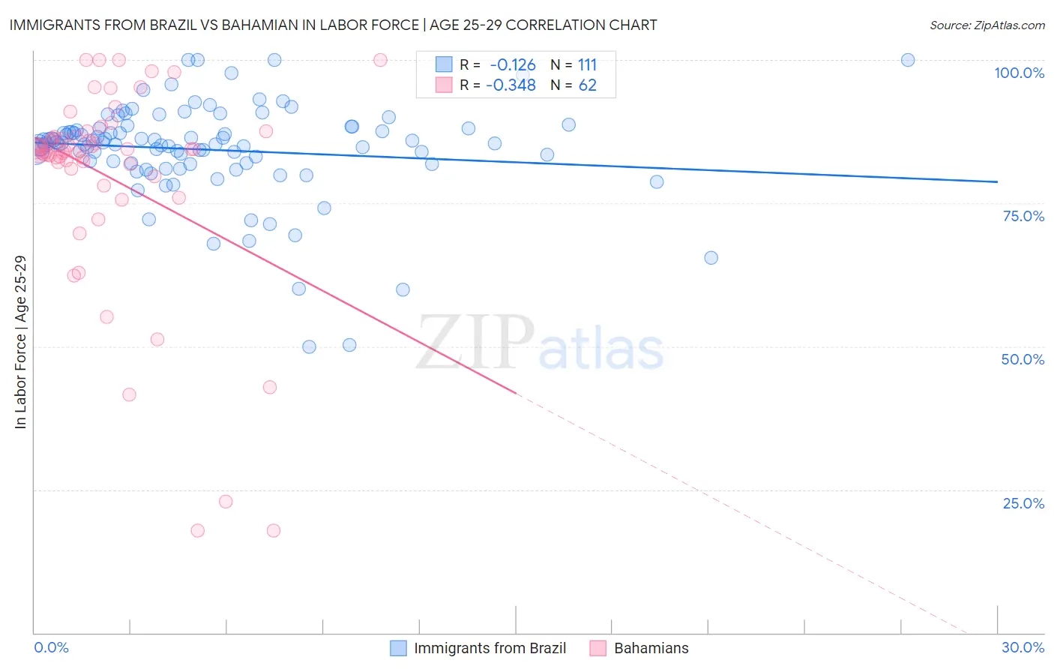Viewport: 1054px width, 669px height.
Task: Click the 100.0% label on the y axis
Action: point(1019,73)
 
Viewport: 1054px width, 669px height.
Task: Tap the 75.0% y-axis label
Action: point(1023,216)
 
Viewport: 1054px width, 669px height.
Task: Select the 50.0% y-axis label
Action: point(1023,359)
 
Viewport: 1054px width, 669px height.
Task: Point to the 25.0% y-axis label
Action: point(1023,502)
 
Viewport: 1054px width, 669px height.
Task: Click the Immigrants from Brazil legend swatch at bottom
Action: point(399,648)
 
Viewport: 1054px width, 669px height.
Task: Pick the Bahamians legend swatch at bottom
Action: point(598,648)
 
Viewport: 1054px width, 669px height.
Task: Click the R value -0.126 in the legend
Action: point(513,65)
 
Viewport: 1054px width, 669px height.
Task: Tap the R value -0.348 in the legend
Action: point(511,85)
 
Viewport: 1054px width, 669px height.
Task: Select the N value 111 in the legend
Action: point(587,65)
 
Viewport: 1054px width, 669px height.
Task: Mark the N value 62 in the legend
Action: point(587,85)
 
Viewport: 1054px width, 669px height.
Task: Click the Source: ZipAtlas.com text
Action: point(987,25)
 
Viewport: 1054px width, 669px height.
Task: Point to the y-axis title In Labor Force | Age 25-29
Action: point(21,342)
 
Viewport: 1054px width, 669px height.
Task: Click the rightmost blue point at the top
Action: point(908,60)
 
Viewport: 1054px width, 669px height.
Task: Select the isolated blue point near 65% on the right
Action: point(711,258)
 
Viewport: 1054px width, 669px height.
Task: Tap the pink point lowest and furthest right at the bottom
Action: point(274,530)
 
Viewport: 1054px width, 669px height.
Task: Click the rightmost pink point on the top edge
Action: point(380,60)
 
